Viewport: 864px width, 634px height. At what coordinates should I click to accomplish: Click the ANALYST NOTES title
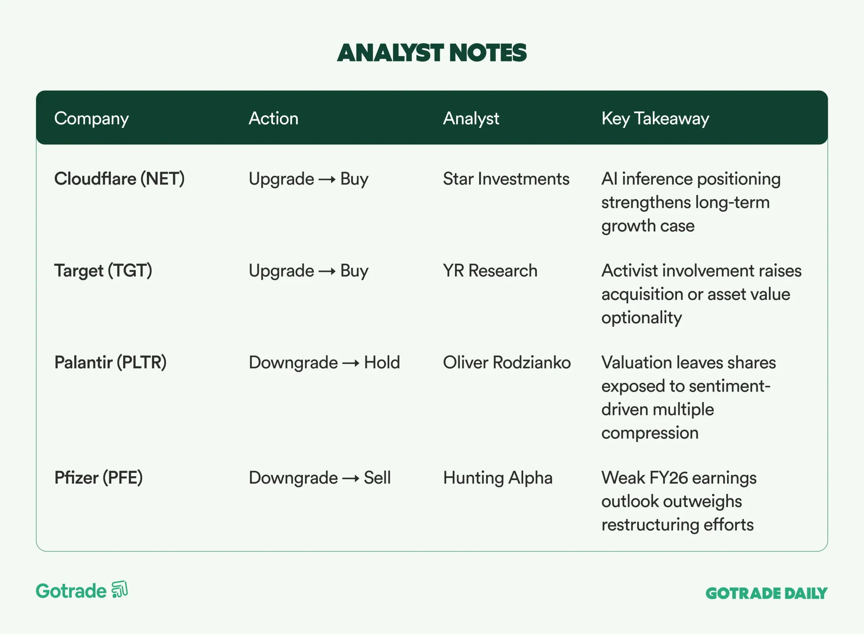(432, 53)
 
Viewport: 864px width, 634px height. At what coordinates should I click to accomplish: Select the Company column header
(92, 119)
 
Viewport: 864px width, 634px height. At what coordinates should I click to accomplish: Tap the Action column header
(273, 118)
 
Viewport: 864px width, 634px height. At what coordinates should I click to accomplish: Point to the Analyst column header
(471, 119)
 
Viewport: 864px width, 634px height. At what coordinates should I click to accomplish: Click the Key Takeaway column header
(655, 119)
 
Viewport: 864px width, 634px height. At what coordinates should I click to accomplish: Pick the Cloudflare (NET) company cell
(119, 179)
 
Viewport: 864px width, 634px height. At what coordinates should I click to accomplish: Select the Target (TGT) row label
(103, 271)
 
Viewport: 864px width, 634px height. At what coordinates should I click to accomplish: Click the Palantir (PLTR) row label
(111, 363)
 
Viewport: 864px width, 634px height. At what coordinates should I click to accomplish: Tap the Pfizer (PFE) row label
(98, 478)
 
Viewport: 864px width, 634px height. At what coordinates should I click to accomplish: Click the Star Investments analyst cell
(506, 179)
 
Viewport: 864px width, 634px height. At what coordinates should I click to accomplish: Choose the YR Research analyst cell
(490, 271)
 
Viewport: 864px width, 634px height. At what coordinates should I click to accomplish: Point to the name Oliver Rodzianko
(507, 363)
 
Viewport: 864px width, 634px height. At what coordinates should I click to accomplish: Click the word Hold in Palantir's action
(382, 363)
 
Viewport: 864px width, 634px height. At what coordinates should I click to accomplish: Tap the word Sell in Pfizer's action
(377, 478)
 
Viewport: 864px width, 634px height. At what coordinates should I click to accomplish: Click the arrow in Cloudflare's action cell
(327, 180)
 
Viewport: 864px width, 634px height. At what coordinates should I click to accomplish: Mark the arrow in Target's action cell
(327, 271)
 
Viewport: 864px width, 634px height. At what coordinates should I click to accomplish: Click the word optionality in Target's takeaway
(642, 318)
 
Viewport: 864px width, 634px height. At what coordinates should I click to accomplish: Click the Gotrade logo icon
(120, 589)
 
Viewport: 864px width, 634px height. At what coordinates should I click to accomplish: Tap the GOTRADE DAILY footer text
(766, 593)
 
